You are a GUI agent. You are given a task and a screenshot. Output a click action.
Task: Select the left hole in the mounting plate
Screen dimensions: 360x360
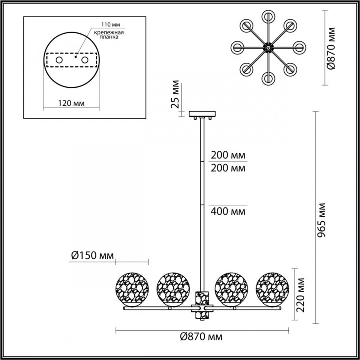tap(59, 59)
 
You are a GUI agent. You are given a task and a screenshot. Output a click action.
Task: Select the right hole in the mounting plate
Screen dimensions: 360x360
tap(85, 59)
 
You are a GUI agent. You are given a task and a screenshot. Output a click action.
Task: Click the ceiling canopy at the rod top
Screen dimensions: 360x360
tap(203, 113)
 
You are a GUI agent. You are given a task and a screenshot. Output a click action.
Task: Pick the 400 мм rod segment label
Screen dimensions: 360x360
tap(228, 211)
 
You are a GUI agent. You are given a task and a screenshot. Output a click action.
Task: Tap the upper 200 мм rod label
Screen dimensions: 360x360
tap(228, 155)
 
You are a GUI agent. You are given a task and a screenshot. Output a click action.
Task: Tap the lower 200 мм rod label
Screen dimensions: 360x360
tap(228, 168)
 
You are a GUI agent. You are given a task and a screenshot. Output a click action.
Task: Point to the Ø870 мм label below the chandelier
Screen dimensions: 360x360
tap(202, 337)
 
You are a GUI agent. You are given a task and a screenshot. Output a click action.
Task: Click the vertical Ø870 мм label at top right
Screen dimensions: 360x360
tap(332, 48)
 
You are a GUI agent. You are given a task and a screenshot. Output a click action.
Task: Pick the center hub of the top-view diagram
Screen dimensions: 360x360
tap(269, 46)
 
